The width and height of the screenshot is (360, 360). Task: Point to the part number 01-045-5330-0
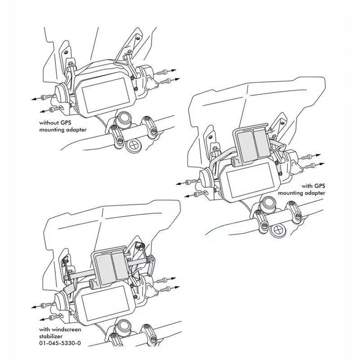[60, 343]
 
